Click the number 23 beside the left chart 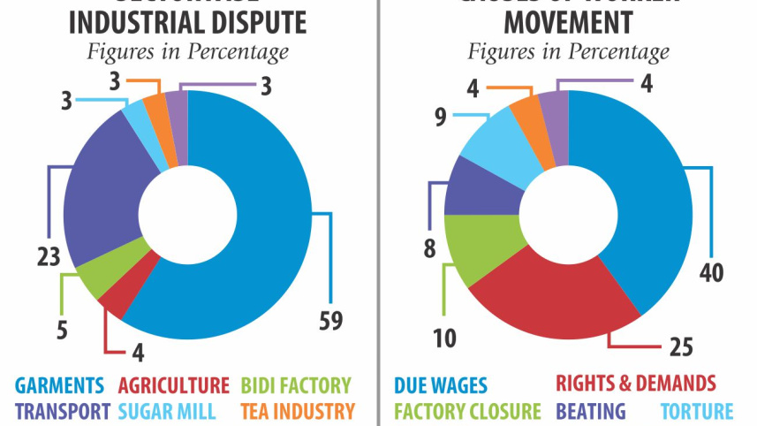coord(48,257)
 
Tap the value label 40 coord(711,272)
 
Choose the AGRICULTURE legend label coord(174,385)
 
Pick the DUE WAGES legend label coord(441,385)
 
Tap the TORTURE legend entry coord(696,411)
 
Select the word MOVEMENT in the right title coord(568,21)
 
